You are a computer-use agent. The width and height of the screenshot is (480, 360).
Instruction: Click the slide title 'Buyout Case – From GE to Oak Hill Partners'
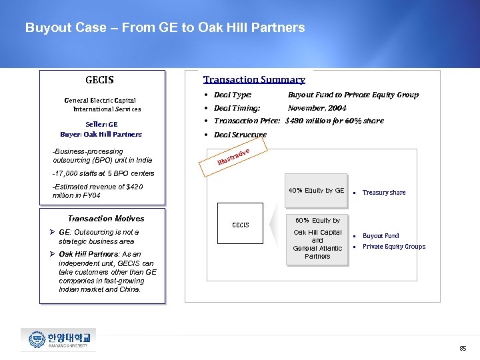pos(165,28)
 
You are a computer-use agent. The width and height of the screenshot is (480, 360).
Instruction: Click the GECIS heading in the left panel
pos(99,80)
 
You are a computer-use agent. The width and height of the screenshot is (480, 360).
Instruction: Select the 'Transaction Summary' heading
pos(254,79)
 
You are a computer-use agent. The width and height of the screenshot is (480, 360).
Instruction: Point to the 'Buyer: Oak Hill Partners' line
pos(101,134)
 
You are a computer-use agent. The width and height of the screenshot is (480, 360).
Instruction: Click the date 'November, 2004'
pos(317,108)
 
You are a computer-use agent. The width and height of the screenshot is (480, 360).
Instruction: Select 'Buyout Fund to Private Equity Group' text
pos(353,95)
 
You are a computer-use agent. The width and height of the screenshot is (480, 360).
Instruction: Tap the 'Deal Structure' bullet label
pos(239,135)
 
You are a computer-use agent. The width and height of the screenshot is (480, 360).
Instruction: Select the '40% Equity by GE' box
pos(316,191)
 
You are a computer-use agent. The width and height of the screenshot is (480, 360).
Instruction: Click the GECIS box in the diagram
pos(241,225)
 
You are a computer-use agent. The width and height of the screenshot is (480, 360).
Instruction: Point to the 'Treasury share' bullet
pos(383,193)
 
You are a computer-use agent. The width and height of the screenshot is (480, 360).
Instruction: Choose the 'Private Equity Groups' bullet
pos(393,247)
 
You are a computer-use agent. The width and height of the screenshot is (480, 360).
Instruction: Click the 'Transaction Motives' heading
pos(106,219)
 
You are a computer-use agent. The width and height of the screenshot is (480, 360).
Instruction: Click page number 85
pos(463,349)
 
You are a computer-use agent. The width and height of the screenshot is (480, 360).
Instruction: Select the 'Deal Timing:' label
pos(237,108)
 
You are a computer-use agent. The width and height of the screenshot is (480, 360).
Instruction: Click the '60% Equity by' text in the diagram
pos(317,221)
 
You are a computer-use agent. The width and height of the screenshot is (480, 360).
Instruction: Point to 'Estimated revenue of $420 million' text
pos(97,191)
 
